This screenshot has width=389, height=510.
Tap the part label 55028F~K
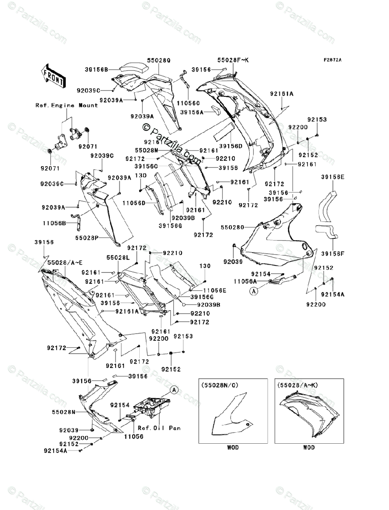(x=233, y=61)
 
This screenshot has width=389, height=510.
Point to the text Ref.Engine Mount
(x=67, y=105)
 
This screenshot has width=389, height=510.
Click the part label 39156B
(x=97, y=69)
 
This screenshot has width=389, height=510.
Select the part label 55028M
(x=147, y=150)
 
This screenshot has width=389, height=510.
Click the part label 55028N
(x=64, y=412)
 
